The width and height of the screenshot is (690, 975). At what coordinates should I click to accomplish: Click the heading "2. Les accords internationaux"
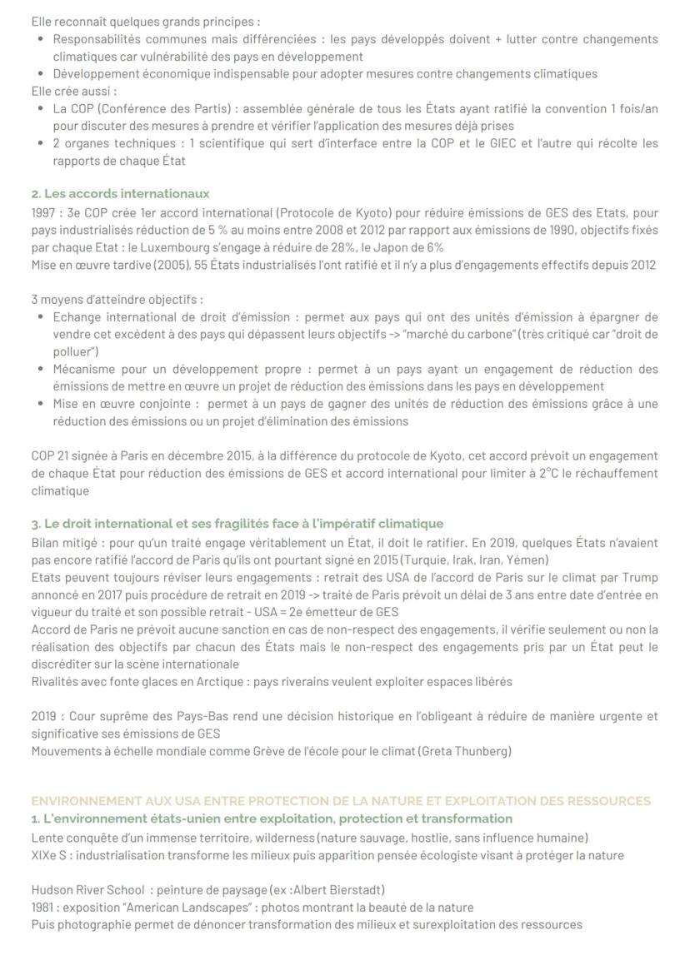tap(120, 194)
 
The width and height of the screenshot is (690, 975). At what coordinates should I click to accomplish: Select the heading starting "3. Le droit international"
tap(237, 524)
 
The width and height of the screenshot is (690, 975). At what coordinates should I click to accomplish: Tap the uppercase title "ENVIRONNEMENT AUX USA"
tap(340, 801)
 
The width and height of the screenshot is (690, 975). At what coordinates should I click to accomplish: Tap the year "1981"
tap(45, 907)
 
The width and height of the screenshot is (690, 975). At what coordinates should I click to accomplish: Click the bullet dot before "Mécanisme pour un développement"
tap(42, 369)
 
